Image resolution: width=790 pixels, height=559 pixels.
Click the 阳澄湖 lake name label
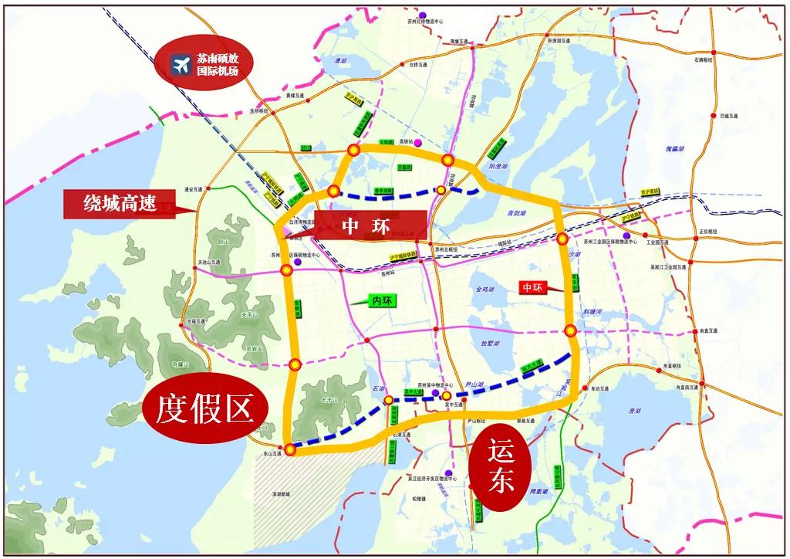pos(498,165)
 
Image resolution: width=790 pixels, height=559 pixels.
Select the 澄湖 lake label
pos(635,411)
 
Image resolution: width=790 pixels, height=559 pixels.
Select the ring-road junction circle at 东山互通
pos(289,449)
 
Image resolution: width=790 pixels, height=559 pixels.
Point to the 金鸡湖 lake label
pos(485,290)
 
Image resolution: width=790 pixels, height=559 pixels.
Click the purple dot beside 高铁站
pos(417,143)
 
